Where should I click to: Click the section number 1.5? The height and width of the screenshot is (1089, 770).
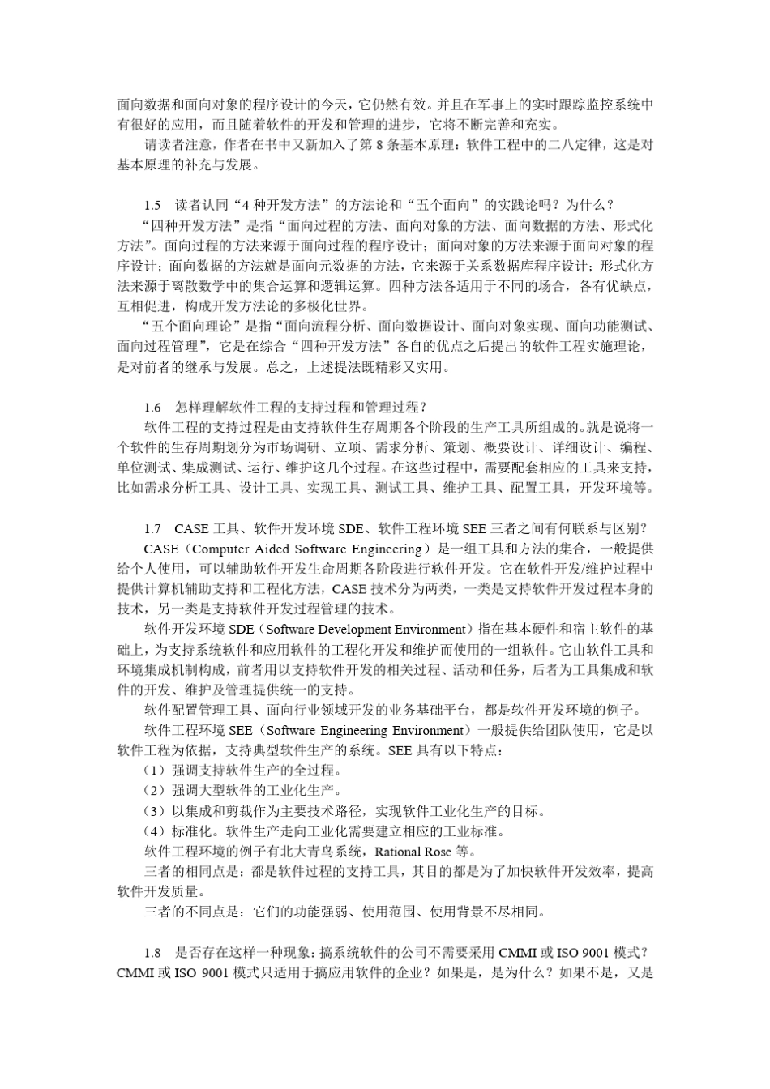click(152, 204)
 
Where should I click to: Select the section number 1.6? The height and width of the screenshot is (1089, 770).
click(152, 407)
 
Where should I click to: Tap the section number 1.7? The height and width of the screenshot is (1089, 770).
click(152, 528)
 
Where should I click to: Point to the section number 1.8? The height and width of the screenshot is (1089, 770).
click(152, 953)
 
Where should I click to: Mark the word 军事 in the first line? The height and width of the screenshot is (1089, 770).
click(495, 105)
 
